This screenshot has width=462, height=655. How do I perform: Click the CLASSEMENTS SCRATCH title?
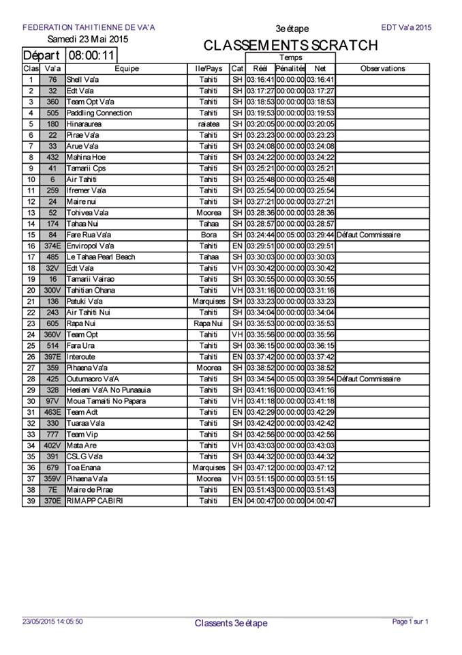point(290,46)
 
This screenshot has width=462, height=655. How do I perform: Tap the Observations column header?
point(382,68)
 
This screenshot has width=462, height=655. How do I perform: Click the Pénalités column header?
point(290,68)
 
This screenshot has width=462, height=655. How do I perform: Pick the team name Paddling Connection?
point(95,113)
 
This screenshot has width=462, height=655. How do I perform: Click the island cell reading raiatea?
point(209,124)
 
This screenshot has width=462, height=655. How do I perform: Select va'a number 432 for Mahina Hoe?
point(52,157)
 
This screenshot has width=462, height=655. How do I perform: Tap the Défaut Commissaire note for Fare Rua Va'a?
point(369,235)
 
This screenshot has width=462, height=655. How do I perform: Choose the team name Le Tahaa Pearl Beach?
point(101,257)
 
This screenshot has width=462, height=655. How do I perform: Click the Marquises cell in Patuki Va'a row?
point(209,301)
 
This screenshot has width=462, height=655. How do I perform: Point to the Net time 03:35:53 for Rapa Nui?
point(320,323)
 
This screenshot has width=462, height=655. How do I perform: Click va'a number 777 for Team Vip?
point(52,435)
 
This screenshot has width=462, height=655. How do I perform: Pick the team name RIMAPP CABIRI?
point(95,501)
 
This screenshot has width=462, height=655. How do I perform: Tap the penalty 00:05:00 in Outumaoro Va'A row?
point(290,379)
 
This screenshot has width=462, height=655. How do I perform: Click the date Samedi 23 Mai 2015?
point(88,39)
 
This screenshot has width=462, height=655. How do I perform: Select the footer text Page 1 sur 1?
point(410,622)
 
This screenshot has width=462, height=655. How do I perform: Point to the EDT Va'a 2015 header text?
point(407,28)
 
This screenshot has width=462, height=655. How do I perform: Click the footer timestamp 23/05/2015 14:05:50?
point(52,622)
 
